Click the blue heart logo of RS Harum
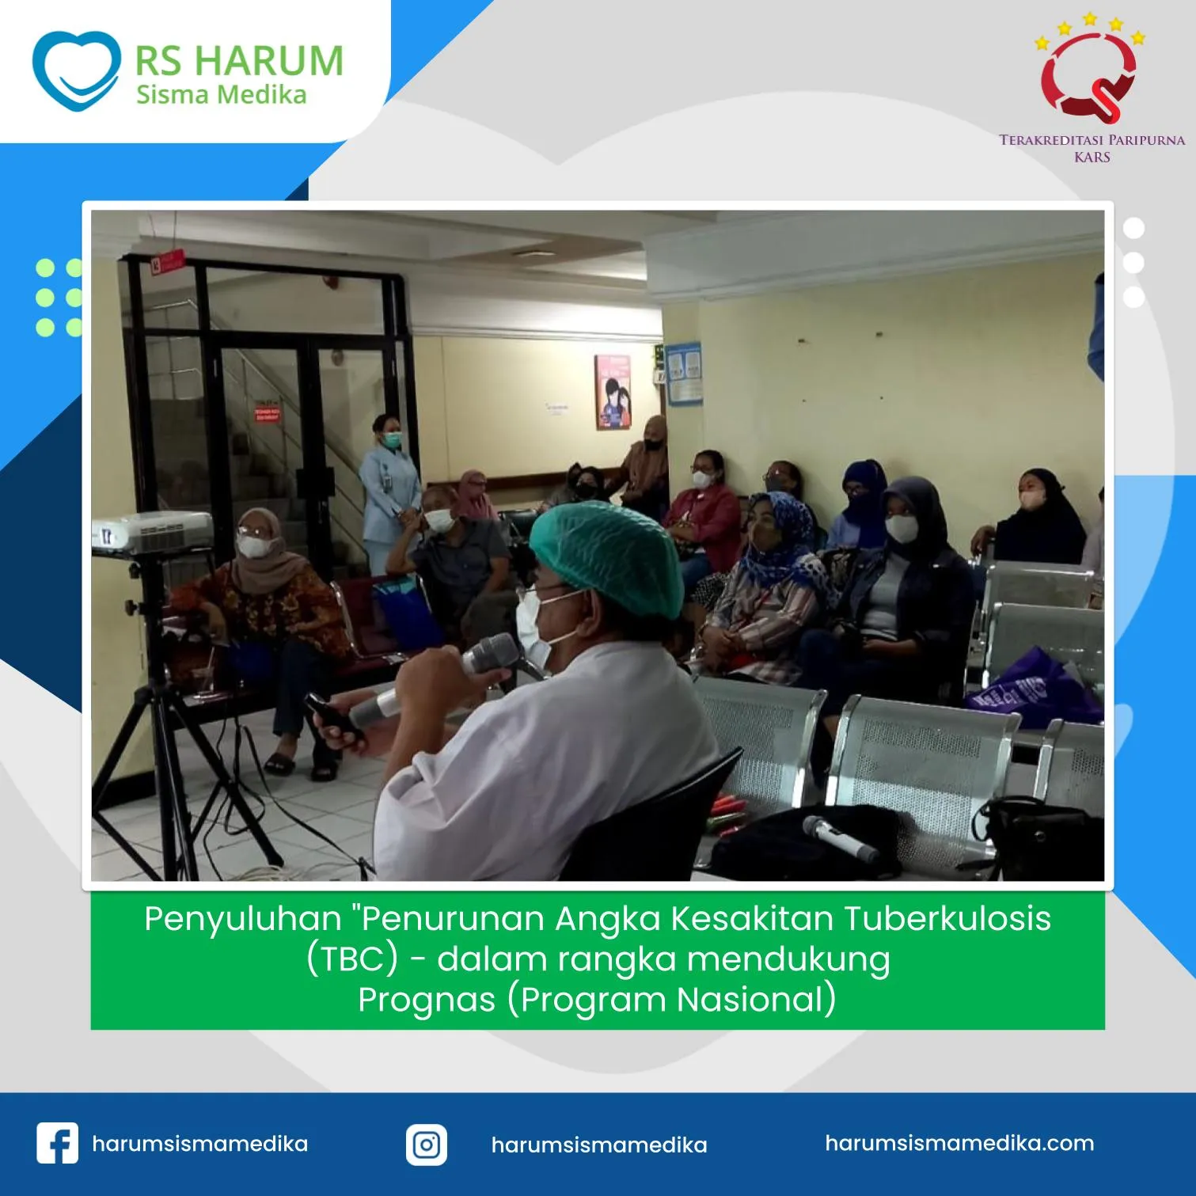pyautogui.click(x=76, y=70)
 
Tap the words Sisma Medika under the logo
pyautogui.click(x=221, y=95)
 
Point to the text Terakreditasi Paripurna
pyautogui.click(x=1092, y=140)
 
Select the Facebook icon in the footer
pyautogui.click(x=57, y=1144)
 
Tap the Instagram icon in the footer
pyautogui.click(x=427, y=1145)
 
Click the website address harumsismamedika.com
pyautogui.click(x=959, y=1143)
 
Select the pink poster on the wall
pyautogui.click(x=613, y=392)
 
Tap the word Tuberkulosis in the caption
pyautogui.click(x=947, y=919)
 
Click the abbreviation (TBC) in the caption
pyautogui.click(x=351, y=959)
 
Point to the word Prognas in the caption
pyautogui.click(x=426, y=999)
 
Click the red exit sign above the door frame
pyautogui.click(x=167, y=260)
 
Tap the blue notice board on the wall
pyautogui.click(x=683, y=373)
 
